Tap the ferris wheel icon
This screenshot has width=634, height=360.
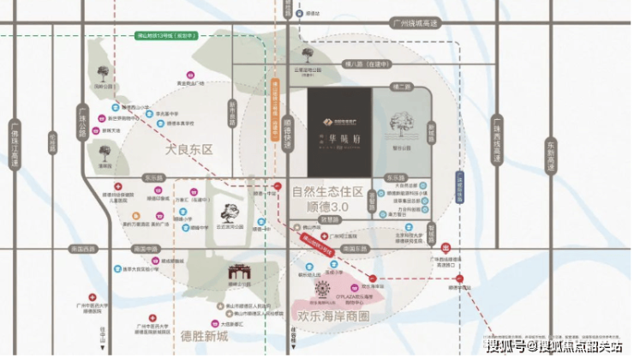click(323, 287)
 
